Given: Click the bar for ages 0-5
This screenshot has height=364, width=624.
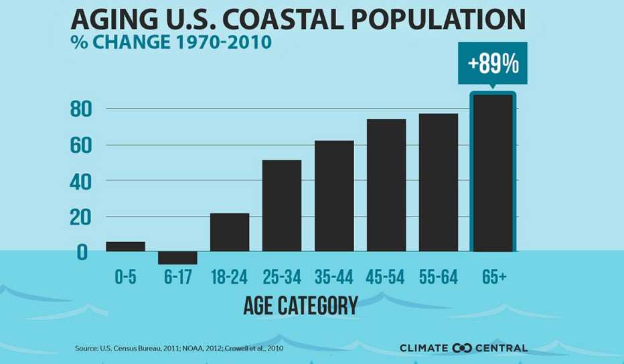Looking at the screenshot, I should pyautogui.click(x=125, y=247).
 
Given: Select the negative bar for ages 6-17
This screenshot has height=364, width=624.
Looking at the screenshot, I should pyautogui.click(x=177, y=258).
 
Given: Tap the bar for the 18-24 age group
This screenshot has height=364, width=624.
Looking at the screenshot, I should pyautogui.click(x=230, y=233).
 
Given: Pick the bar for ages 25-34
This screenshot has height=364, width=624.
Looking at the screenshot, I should pyautogui.click(x=282, y=206).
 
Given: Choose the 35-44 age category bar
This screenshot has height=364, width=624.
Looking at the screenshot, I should pyautogui.click(x=334, y=196).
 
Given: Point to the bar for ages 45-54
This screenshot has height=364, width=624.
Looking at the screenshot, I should pyautogui.click(x=386, y=185).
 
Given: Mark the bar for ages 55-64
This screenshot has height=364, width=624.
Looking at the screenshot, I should pyautogui.click(x=439, y=182).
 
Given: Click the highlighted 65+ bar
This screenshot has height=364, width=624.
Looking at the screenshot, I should pyautogui.click(x=493, y=173).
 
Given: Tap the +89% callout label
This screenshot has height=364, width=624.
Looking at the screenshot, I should pyautogui.click(x=493, y=64).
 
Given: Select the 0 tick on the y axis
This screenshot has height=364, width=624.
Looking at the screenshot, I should pyautogui.click(x=82, y=253).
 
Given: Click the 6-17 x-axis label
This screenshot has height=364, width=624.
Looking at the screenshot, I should pyautogui.click(x=177, y=277).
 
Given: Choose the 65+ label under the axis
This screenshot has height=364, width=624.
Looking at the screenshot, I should pyautogui.click(x=493, y=277).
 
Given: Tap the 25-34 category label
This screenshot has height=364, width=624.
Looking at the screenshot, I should pyautogui.click(x=282, y=277).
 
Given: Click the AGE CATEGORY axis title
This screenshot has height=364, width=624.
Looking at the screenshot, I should pyautogui.click(x=300, y=306).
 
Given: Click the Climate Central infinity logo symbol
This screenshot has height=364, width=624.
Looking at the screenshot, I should pyautogui.click(x=463, y=348).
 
